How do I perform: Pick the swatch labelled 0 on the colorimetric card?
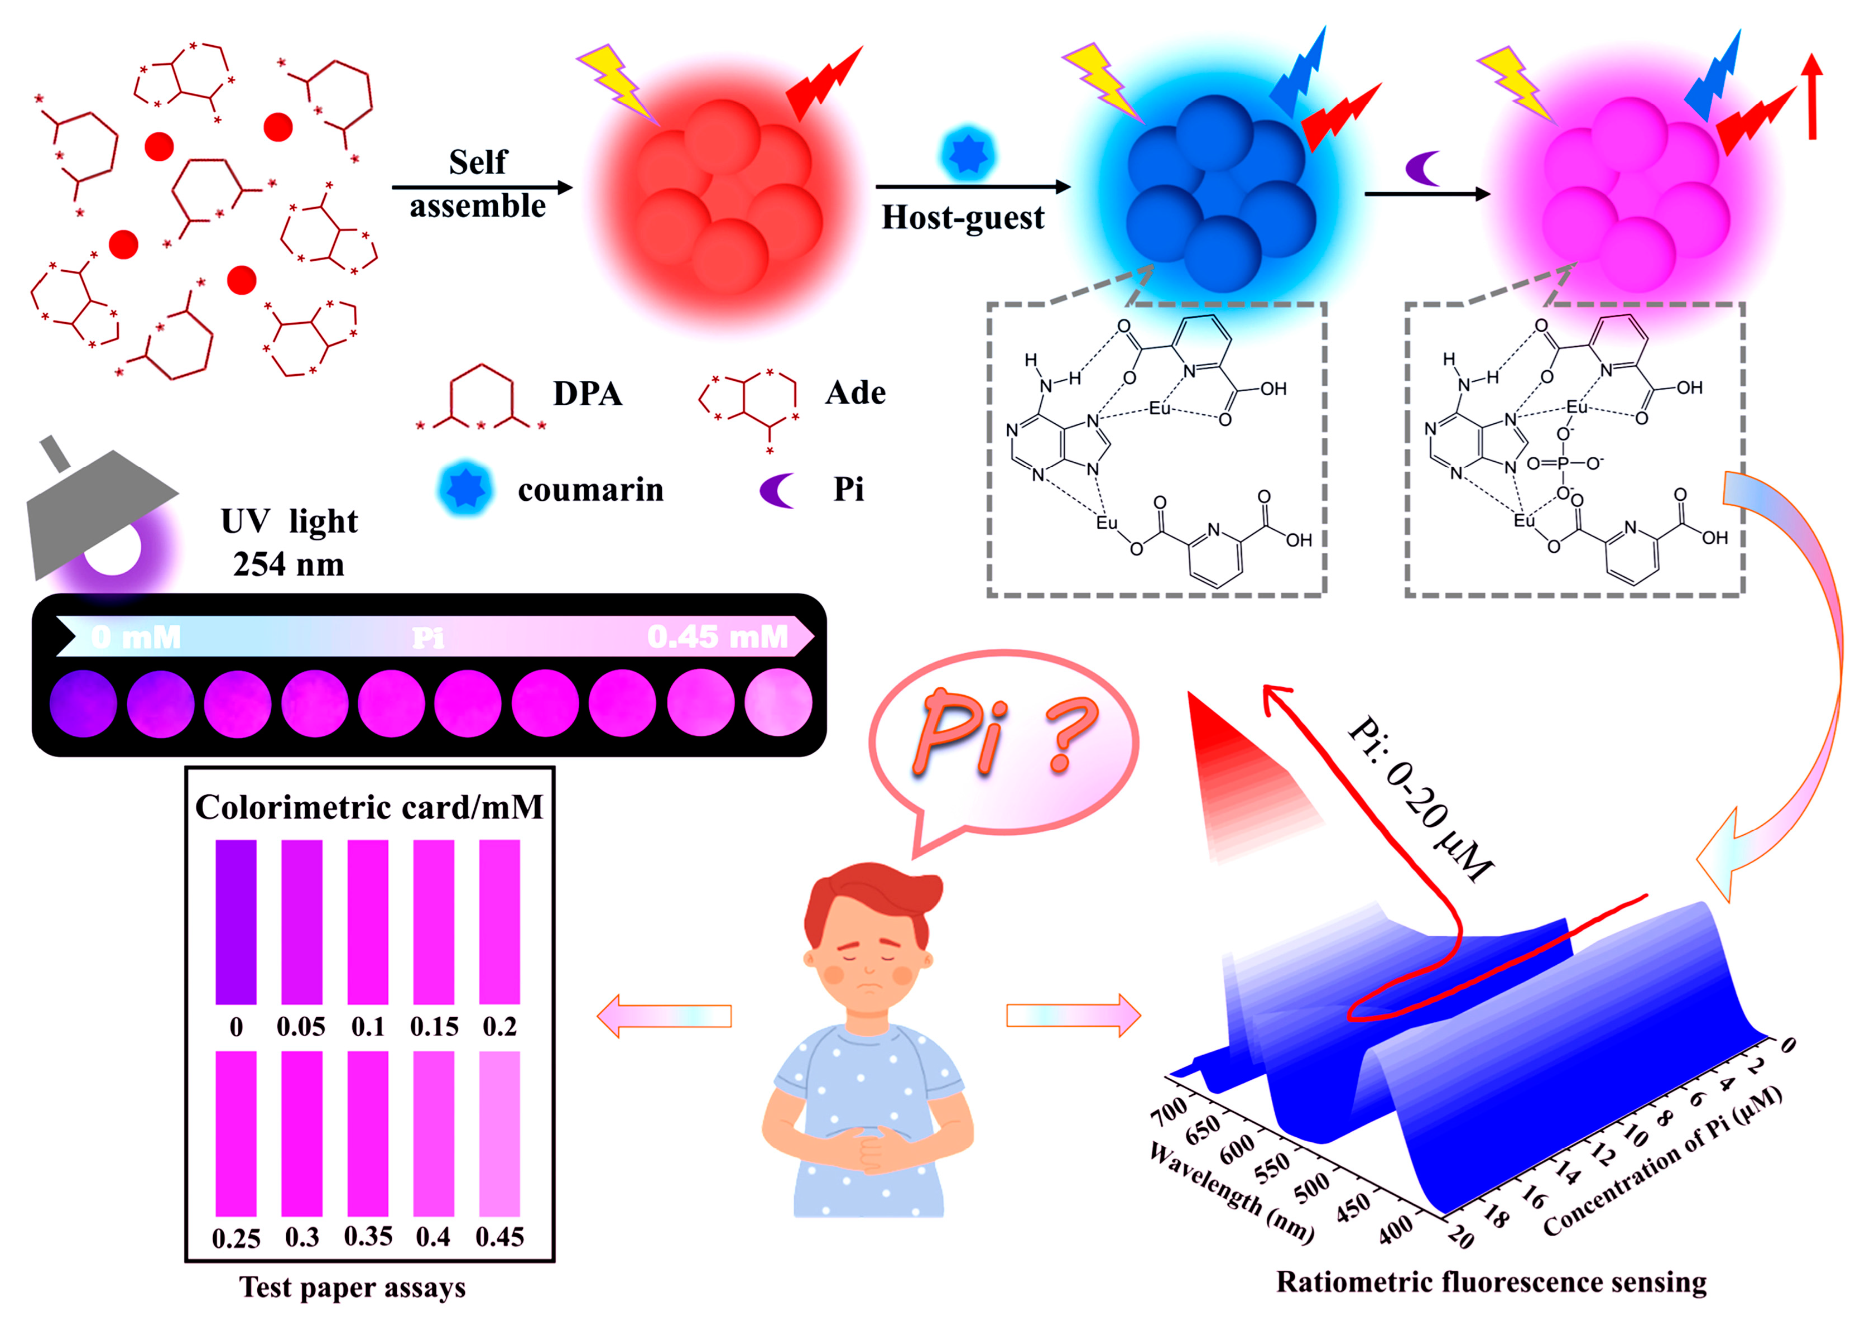pos(236,921)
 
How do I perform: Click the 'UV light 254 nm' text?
pos(289,542)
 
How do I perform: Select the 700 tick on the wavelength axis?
pos(1168,1110)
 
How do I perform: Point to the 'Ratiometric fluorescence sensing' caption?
pos(1491,1282)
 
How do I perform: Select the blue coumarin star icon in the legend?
pos(465,489)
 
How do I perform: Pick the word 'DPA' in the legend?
pos(588,394)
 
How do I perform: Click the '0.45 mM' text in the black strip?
pos(718,637)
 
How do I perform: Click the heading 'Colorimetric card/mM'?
pos(369,807)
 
